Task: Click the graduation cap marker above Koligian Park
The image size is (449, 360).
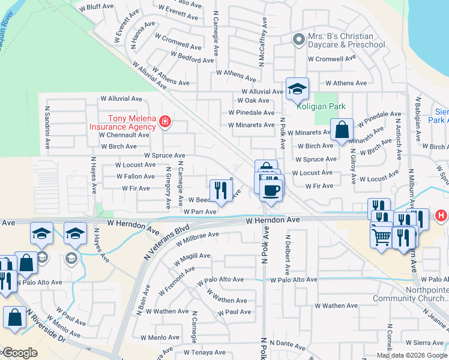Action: tap(297, 90)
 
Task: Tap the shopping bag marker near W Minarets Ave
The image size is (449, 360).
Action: tap(342, 130)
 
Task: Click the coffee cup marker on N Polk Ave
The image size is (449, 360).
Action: tap(271, 190)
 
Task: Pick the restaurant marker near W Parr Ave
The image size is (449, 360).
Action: tap(221, 191)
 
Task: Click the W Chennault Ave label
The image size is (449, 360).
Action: tap(124, 135)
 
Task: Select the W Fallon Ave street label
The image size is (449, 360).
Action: tap(136, 176)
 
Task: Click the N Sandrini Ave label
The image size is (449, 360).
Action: tap(47, 128)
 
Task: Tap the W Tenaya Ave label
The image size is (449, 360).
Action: tap(204, 352)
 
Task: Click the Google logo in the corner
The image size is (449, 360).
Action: tap(19, 353)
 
